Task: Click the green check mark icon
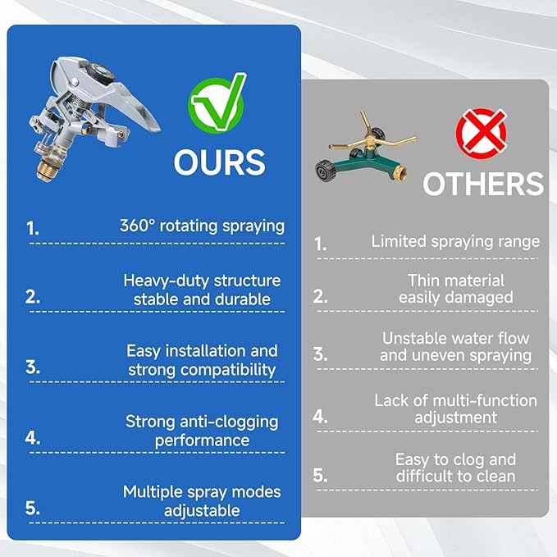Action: tap(217, 103)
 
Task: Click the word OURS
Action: tap(220, 162)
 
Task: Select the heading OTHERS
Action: tap(483, 183)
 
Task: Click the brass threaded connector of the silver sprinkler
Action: tap(46, 170)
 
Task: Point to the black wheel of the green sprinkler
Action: tap(326, 171)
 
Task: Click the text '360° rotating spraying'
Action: tap(202, 226)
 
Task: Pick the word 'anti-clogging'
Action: tap(229, 422)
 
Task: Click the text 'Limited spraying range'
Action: tap(455, 242)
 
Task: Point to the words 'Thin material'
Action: tap(456, 281)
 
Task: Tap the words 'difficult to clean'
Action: tap(456, 476)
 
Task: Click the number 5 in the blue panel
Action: tap(32, 508)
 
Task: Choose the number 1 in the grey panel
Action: tap(320, 244)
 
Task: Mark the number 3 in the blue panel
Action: tap(32, 367)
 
